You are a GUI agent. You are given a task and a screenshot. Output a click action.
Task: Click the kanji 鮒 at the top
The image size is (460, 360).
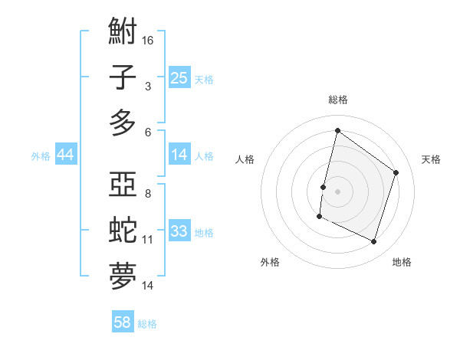pos(123,32)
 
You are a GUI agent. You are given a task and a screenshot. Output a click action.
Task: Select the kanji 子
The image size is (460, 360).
pos(123,77)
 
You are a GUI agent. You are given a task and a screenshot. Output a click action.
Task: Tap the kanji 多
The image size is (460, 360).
pos(123,123)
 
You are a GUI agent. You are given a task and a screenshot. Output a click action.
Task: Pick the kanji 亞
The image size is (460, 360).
pos(123,186)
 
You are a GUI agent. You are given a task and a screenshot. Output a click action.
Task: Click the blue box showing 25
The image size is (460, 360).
pos(179,77)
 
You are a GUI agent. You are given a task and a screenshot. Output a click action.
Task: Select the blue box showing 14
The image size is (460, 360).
pos(179,155)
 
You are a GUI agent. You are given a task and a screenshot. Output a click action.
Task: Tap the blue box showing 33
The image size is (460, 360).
pos(179,231)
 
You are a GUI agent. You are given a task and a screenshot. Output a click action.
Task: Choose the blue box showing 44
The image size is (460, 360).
pos(66,155)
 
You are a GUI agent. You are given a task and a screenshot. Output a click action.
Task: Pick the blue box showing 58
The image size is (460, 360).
pos(123,322)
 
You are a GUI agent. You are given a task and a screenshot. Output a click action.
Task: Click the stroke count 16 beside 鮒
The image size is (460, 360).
pos(149,40)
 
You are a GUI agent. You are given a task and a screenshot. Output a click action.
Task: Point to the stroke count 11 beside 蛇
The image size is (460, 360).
pos(148,239)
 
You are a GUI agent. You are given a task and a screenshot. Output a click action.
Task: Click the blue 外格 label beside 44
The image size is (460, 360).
pos(41,156)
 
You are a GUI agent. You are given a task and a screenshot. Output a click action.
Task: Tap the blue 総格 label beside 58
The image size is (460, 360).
pos(147,324)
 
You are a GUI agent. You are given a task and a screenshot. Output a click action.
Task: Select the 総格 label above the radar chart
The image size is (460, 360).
pos(337,100)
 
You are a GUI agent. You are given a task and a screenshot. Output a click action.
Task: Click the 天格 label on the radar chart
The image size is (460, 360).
pos(431,159)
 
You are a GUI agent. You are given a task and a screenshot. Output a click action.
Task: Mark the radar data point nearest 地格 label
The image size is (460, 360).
pos(374,242)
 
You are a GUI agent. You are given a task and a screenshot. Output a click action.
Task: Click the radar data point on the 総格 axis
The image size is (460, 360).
pos(337,131)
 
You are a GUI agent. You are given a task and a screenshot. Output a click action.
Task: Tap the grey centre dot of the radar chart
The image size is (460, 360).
pos(337,191)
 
